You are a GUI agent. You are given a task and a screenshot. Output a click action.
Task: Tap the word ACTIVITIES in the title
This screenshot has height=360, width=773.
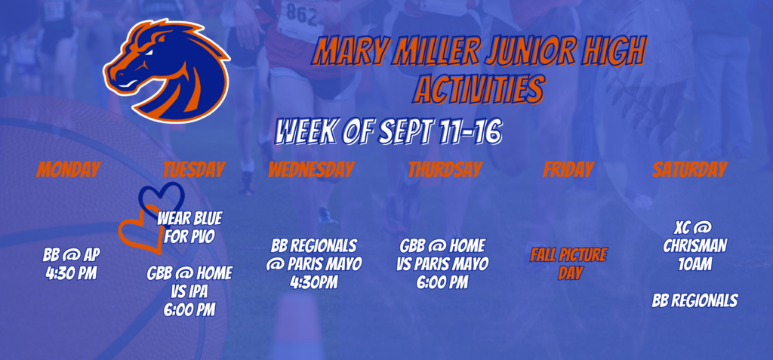[x=478, y=90]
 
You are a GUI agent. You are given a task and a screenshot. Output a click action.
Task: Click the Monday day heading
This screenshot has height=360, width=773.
[x=67, y=170]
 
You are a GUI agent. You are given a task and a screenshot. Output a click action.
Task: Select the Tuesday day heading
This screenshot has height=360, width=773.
[x=194, y=170]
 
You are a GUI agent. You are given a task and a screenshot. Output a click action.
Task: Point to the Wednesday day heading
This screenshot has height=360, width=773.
[x=311, y=170]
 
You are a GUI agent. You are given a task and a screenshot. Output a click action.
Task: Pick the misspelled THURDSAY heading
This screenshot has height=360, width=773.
[x=445, y=170]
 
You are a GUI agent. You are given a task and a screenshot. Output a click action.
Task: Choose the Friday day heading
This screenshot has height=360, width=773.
[x=568, y=170]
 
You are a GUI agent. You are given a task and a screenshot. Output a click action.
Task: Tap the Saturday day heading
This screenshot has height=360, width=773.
[x=690, y=170]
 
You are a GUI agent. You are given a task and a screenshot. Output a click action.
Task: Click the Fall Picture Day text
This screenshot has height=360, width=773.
[x=568, y=264]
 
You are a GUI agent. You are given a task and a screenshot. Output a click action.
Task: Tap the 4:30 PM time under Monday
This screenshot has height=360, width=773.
[x=72, y=272]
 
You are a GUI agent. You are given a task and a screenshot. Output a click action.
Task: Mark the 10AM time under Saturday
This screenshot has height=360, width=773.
[x=694, y=264]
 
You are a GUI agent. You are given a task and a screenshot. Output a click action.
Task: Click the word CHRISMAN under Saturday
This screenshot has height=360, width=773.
[x=695, y=245]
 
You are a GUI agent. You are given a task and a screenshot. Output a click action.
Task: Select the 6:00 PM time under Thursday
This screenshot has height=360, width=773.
[x=442, y=282]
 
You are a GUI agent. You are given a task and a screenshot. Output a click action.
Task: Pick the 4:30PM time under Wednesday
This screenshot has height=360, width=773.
[x=313, y=282]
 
